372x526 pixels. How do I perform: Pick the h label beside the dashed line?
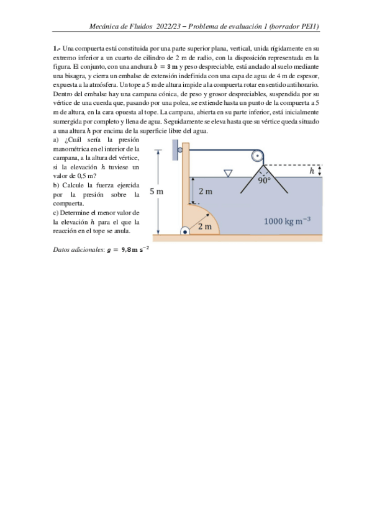coord(311,171)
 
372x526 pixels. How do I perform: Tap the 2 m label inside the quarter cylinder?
coord(205,227)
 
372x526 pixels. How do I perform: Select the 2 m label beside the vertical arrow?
coord(206,192)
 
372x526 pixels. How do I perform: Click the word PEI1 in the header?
coord(309,25)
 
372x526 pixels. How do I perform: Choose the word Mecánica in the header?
coord(105,25)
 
